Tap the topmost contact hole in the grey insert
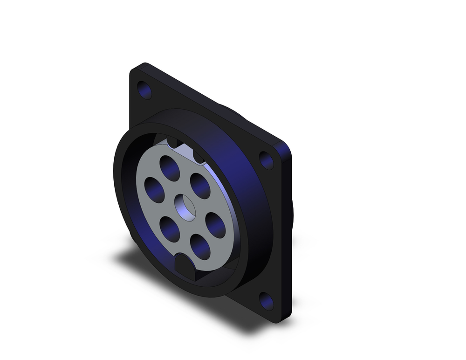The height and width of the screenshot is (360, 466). (170, 167)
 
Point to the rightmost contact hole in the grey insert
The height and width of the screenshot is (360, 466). (215, 225)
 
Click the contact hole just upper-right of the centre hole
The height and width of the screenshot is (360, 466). (200, 186)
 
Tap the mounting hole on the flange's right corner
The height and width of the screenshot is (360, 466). (267, 160)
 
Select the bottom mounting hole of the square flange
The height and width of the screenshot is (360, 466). (267, 301)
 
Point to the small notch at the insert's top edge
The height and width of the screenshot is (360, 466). (172, 141)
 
